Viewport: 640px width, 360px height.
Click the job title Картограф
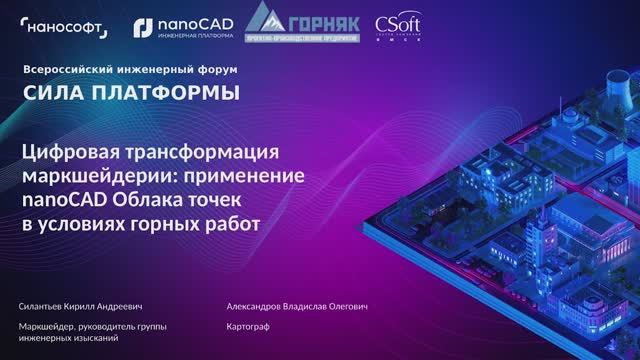point(251,326)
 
